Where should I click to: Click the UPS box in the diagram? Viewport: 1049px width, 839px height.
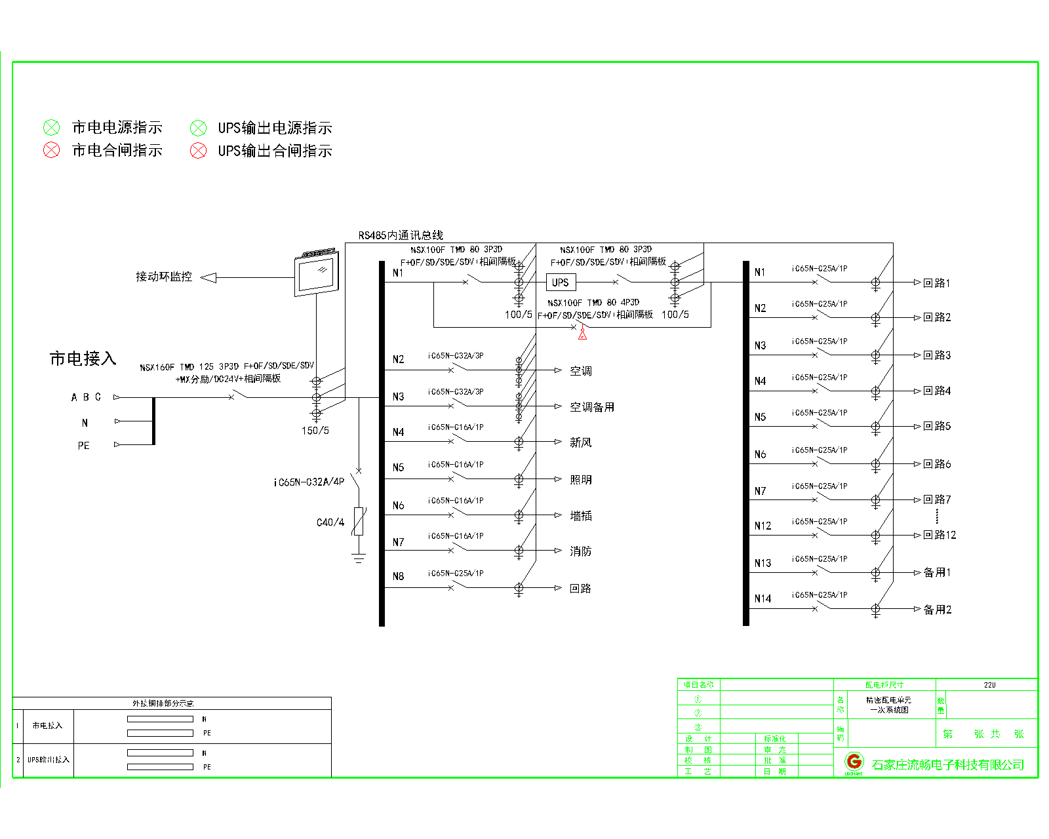561,283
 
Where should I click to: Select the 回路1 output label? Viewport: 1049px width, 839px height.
936,283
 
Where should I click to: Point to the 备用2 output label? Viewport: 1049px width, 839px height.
937,610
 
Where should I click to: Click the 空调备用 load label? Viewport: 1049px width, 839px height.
591,407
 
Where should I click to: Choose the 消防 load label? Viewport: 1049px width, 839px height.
580,551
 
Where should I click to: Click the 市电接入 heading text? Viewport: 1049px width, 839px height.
83,359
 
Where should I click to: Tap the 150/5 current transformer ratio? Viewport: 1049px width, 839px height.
315,431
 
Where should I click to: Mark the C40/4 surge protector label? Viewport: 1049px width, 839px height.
330,522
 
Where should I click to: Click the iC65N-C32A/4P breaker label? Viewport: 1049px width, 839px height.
308,482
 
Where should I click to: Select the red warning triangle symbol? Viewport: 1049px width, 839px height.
582,334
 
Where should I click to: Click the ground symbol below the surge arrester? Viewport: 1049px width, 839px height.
359,558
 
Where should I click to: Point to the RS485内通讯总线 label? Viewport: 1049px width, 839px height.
401,235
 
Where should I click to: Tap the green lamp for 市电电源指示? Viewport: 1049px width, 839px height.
52,128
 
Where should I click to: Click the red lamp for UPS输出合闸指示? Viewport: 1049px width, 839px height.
198,151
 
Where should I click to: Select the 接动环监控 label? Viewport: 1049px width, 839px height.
164,277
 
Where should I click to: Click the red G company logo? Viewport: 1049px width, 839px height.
854,762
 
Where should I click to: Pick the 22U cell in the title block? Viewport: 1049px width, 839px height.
989,685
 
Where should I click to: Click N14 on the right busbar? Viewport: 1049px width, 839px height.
762,598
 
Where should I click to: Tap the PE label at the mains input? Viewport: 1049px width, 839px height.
83,446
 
